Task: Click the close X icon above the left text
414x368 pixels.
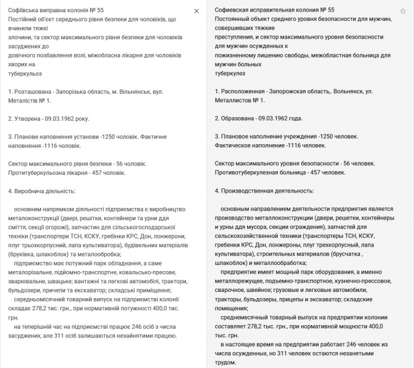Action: [x=196, y=11]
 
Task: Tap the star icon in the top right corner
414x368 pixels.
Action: [x=403, y=11]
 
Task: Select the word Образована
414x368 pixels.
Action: [x=241, y=118]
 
